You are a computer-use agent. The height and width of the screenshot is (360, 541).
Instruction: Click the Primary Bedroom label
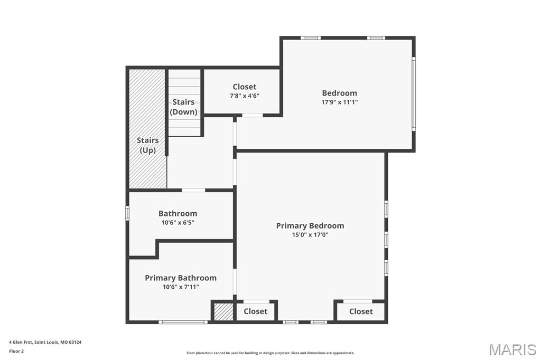coord(310,225)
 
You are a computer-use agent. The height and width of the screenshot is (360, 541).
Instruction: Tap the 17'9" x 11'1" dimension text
coord(340,102)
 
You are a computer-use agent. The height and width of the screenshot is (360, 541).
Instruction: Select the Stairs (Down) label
coord(184,107)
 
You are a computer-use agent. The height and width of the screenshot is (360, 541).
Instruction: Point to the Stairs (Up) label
coord(148,145)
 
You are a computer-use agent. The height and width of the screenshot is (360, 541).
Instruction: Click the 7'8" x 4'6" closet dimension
coord(245,96)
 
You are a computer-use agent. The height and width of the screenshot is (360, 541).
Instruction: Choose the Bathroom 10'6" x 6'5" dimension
coord(178,223)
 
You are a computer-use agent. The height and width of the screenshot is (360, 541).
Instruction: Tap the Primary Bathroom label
coord(181,278)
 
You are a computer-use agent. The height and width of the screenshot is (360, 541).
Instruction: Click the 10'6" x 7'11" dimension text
coord(181,287)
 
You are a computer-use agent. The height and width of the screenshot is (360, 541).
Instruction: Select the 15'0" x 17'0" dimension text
coord(310,235)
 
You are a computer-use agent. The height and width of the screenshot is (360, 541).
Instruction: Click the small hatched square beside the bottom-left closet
coord(223,312)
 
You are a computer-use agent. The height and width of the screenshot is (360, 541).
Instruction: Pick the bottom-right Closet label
coord(361,311)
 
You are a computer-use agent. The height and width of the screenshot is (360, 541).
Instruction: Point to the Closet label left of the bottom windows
coord(256,311)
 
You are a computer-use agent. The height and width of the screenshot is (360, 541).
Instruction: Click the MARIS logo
coord(512,349)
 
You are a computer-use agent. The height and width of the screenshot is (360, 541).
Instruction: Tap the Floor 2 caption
coord(16,351)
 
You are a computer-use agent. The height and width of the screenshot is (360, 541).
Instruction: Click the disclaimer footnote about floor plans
coord(270,353)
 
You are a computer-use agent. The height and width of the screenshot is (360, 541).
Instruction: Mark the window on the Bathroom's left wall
coord(127,213)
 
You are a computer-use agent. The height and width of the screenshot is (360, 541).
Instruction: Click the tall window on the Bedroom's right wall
coord(414,93)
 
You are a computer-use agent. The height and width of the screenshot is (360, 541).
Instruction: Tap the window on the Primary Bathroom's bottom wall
coord(183,322)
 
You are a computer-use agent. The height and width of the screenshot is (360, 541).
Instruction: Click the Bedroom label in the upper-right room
coord(340,93)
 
